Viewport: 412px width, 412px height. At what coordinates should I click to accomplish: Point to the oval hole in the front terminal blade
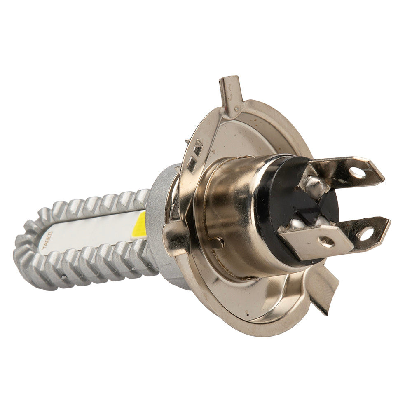(326, 242)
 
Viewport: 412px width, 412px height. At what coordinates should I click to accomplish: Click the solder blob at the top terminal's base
(316, 186)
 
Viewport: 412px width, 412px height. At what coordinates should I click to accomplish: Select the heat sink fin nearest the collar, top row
(141, 197)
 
